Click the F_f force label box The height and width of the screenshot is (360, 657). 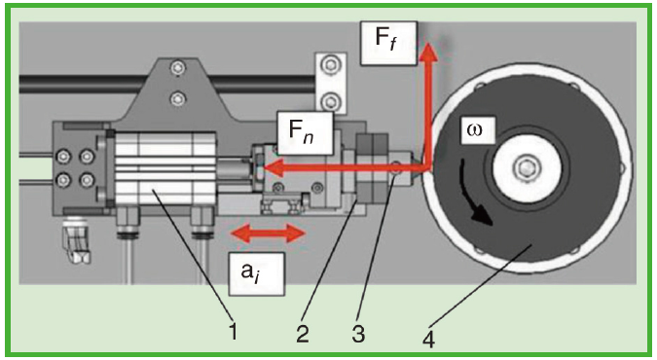coord(388,43)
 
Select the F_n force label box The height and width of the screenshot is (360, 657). coord(305,133)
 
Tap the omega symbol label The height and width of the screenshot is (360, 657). coord(477,129)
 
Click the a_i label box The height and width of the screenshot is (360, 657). coord(256,273)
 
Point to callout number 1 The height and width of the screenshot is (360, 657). coord(234,331)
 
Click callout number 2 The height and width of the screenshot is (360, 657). coord(303,334)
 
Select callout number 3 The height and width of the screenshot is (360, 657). coord(358,334)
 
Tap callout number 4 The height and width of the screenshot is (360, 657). coord(427,339)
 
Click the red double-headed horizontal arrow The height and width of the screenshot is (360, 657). coord(268,234)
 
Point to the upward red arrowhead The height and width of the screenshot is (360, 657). coord(427,52)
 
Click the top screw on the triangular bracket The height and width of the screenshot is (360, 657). coord(178,66)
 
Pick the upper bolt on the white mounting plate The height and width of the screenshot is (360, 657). coord(331,65)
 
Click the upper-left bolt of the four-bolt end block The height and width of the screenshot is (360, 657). coord(63,157)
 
